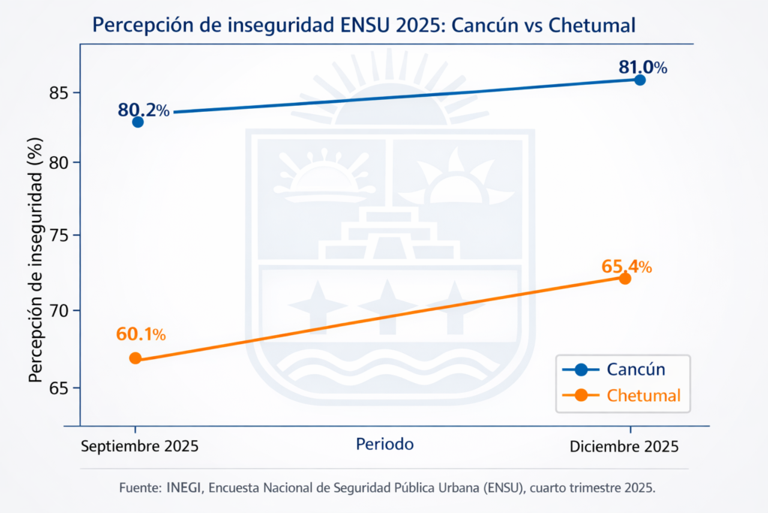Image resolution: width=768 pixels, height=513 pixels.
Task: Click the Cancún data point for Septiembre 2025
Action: pyautogui.click(x=138, y=122)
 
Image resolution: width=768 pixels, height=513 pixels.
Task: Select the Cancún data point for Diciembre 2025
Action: pyautogui.click(x=640, y=80)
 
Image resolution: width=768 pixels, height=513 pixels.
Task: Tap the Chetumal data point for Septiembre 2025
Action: pyautogui.click(x=135, y=358)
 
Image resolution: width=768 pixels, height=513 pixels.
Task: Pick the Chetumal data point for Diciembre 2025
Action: pyautogui.click(x=625, y=279)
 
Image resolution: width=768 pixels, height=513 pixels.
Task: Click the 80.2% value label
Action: pyautogui.click(x=143, y=110)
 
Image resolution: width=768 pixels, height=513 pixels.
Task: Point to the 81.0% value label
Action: pyautogui.click(x=643, y=67)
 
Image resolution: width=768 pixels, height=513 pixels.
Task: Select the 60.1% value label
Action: pyautogui.click(x=141, y=333)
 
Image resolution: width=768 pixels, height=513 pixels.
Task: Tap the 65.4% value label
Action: pyautogui.click(x=626, y=266)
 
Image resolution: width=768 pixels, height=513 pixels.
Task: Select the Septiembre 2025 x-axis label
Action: pyautogui.click(x=139, y=445)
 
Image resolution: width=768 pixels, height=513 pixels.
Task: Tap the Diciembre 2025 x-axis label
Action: pyautogui.click(x=624, y=445)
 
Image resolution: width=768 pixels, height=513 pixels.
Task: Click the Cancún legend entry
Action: pyautogui.click(x=635, y=369)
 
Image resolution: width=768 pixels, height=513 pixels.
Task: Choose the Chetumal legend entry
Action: pyautogui.click(x=643, y=395)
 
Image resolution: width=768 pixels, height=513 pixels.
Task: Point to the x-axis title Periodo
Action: pyautogui.click(x=385, y=444)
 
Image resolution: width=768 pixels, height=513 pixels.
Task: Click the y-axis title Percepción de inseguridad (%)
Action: pyautogui.click(x=34, y=259)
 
